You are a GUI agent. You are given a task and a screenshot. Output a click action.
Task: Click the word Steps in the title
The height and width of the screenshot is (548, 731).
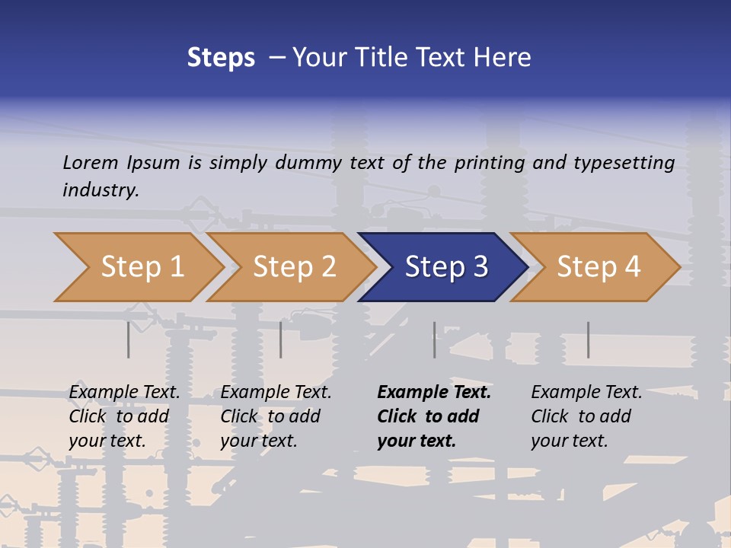click(x=221, y=58)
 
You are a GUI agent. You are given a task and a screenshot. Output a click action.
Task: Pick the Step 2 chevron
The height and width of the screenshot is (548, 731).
click(x=294, y=267)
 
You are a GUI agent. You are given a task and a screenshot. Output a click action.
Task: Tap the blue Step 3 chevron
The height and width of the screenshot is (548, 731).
click(x=446, y=267)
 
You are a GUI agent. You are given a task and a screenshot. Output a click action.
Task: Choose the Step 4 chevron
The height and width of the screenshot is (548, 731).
click(x=599, y=267)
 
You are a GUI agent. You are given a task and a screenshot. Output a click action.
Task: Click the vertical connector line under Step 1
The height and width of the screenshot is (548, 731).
click(x=129, y=339)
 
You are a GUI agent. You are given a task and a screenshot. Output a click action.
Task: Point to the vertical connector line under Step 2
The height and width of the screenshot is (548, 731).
click(x=281, y=339)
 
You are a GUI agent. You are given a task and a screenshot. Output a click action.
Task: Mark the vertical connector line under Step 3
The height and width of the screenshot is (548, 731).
click(x=435, y=339)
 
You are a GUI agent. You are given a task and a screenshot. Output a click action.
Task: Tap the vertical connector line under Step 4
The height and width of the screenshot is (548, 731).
click(x=588, y=339)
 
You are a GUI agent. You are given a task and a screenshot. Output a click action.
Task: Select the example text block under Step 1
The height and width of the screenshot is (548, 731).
click(x=124, y=416)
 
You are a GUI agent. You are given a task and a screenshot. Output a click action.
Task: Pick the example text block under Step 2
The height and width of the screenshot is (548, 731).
click(x=276, y=416)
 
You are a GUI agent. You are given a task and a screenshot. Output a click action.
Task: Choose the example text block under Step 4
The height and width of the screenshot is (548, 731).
click(x=586, y=416)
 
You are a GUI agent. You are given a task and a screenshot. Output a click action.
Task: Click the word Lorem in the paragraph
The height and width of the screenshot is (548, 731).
click(x=91, y=162)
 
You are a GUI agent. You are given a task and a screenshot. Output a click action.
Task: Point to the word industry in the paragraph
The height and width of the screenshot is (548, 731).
click(x=101, y=190)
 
